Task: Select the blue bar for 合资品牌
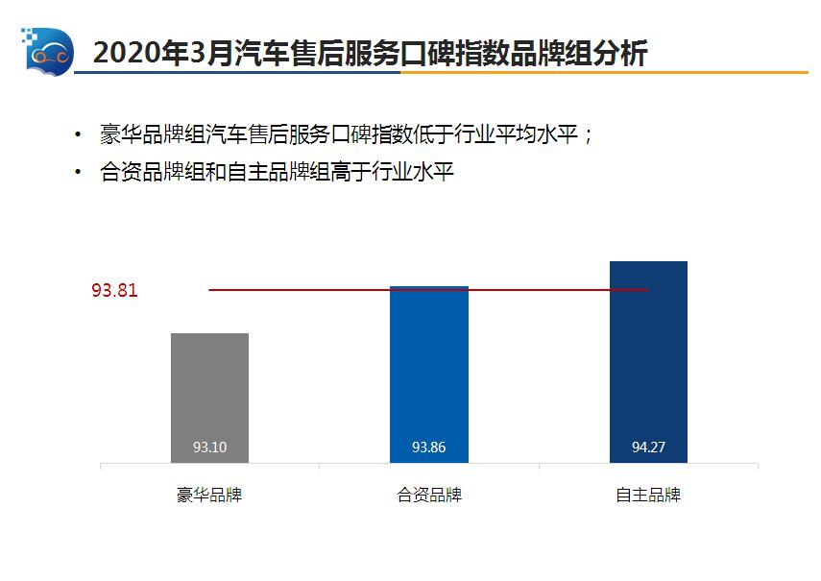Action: (428, 375)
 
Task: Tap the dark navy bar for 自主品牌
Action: (648, 360)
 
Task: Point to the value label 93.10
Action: (209, 448)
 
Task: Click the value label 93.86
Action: (428, 448)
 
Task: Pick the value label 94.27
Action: (648, 448)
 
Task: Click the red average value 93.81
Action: (114, 290)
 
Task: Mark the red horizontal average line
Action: (317, 289)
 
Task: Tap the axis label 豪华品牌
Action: (209, 496)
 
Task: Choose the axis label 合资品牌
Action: (429, 496)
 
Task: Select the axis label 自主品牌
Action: (648, 496)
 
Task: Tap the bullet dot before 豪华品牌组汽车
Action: (78, 134)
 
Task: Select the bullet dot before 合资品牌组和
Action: (78, 173)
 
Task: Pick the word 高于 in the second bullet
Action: (355, 173)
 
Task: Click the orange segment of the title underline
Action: (730, 73)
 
